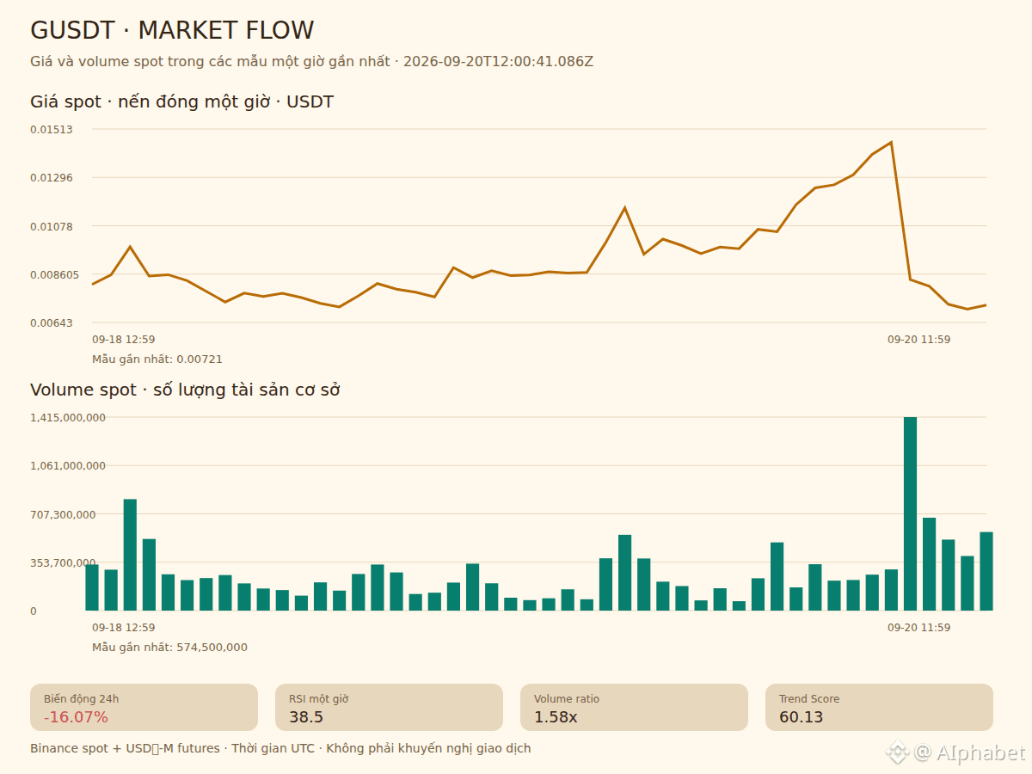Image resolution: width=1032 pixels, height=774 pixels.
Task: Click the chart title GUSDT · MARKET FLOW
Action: click(172, 31)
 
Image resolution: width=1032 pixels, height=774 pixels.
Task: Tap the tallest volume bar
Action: click(910, 513)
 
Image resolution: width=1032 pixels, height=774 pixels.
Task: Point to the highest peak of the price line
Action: click(891, 142)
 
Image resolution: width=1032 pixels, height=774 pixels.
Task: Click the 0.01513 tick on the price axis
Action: click(52, 130)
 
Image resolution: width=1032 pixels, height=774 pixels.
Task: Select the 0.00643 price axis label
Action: click(52, 323)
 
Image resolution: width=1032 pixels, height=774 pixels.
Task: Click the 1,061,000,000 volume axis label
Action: click(68, 466)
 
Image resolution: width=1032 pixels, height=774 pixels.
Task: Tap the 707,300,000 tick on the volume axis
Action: click(63, 514)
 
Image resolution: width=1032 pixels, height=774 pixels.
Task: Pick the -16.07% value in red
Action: click(76, 717)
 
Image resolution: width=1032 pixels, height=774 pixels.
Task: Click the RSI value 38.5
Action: click(306, 717)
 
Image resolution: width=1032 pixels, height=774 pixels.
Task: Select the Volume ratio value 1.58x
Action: click(556, 717)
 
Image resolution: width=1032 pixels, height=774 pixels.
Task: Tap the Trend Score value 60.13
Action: click(802, 717)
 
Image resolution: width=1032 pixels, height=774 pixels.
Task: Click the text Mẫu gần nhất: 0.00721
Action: click(157, 359)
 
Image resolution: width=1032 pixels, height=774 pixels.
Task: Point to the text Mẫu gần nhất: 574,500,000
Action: click(169, 648)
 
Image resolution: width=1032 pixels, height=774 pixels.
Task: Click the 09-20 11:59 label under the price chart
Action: click(918, 340)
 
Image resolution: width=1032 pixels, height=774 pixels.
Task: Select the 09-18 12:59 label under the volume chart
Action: click(124, 628)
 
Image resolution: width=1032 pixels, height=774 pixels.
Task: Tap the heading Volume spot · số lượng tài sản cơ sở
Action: click(185, 390)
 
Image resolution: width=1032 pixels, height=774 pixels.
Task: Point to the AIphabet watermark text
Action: click(980, 752)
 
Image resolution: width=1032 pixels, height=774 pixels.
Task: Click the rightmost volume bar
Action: click(986, 571)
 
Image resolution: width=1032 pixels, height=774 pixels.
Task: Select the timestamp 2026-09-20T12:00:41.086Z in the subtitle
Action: click(498, 62)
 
